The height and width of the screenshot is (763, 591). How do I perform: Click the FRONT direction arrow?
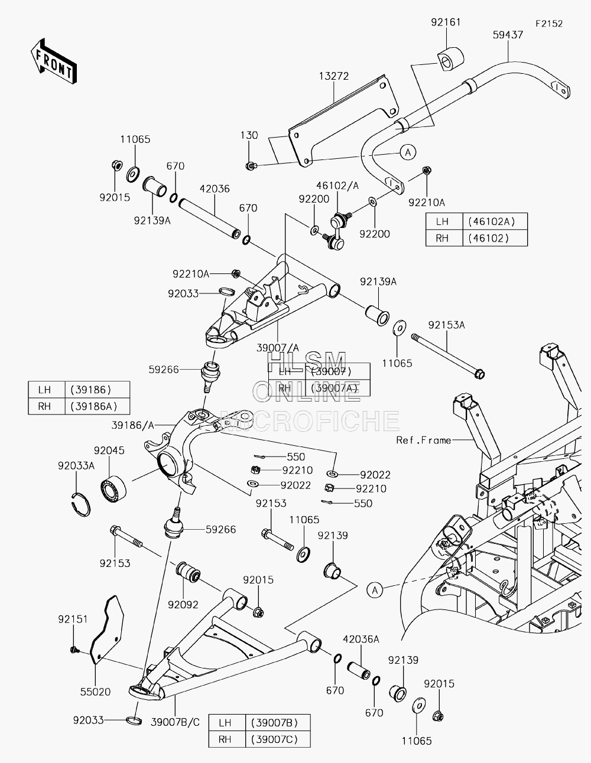click(54, 61)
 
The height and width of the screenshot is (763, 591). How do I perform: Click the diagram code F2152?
click(549, 24)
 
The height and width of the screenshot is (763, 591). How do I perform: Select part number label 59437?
click(508, 35)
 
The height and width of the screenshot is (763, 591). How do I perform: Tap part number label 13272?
click(334, 76)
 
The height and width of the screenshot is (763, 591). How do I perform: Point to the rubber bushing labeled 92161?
click(450, 59)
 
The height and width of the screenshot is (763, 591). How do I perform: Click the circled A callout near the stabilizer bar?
click(408, 152)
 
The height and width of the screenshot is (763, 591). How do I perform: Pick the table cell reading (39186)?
click(90, 390)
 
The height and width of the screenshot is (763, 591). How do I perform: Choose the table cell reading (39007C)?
click(274, 739)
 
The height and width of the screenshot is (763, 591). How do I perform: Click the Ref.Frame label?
click(423, 441)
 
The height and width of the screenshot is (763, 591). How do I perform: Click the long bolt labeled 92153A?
click(448, 356)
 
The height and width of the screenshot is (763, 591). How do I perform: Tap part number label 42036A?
click(361, 640)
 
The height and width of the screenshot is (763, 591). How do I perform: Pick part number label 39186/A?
click(133, 425)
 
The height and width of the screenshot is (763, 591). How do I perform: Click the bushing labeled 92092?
click(188, 572)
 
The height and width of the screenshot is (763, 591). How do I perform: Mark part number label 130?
click(249, 135)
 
